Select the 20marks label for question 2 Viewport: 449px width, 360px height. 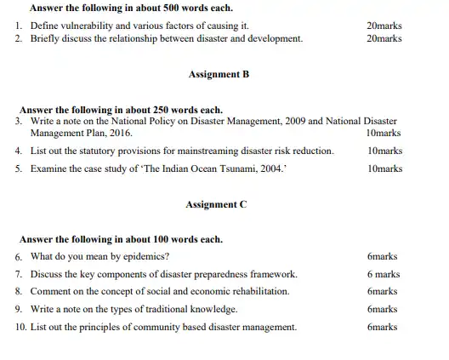[383, 39]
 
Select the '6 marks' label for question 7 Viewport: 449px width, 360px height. [384, 274]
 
